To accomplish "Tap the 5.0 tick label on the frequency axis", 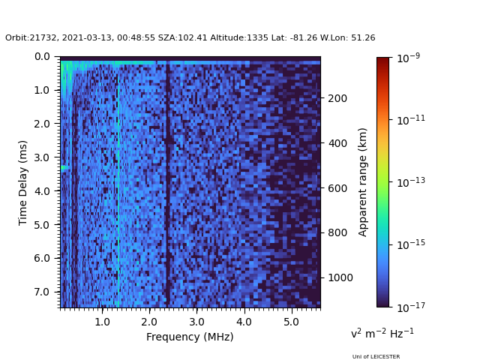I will (290, 322).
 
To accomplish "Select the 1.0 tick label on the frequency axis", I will (102, 322).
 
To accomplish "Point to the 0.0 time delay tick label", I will (42, 56).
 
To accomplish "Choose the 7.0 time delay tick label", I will (42, 292).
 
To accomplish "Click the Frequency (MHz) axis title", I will (190, 337).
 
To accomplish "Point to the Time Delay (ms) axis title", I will (23, 182).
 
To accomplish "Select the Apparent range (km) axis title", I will (363, 181).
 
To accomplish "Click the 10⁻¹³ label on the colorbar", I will (409, 182).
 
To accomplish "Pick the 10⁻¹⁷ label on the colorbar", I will (409, 307).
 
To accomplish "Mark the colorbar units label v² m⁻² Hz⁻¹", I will (382, 333).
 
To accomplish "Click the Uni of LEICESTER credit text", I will (376, 357).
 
